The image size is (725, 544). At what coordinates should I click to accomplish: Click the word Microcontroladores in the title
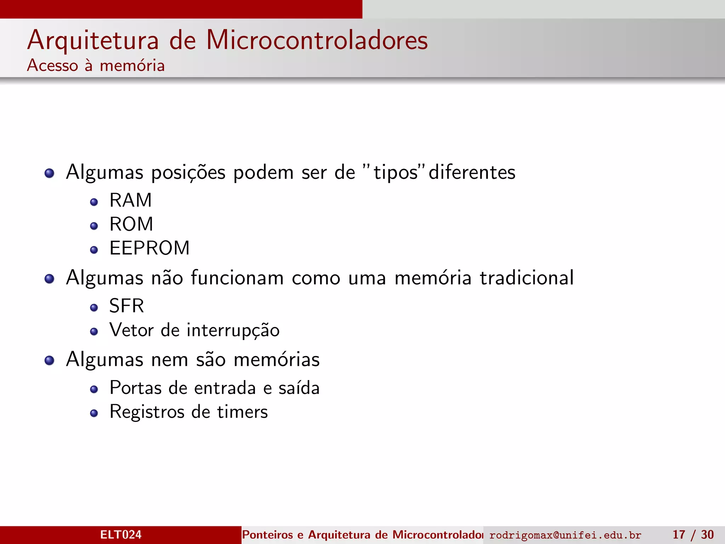(x=317, y=40)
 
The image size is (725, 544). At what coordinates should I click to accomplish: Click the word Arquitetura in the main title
(x=93, y=40)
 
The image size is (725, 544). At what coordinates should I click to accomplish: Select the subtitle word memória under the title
(x=132, y=66)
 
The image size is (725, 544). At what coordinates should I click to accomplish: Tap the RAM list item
(x=131, y=200)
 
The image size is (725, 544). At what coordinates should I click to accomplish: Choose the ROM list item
(x=131, y=224)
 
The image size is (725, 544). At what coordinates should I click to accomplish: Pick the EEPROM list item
(x=149, y=248)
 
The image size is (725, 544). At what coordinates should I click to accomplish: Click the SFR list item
(x=127, y=306)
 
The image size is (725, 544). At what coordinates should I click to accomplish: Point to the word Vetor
(x=131, y=330)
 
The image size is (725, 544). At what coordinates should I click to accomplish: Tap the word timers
(x=242, y=412)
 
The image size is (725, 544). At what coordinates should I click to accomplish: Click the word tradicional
(x=526, y=278)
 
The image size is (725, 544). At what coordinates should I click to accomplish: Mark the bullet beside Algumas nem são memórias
(x=49, y=361)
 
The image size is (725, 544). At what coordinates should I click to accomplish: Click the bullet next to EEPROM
(x=94, y=250)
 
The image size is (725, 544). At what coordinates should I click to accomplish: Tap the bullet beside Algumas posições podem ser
(x=49, y=173)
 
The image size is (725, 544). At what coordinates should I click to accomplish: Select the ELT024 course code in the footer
(x=121, y=534)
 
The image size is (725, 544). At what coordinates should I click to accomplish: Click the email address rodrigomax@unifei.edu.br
(x=565, y=535)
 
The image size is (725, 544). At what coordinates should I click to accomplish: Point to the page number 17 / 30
(x=693, y=534)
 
